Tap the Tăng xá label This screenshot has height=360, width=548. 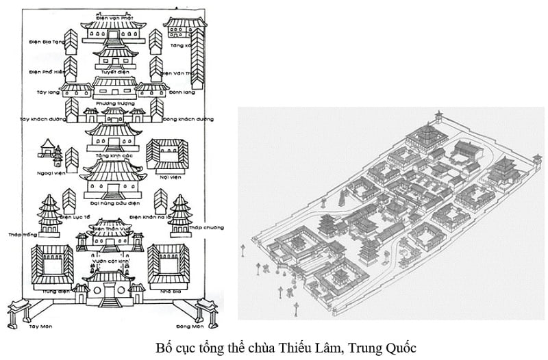click(182, 45)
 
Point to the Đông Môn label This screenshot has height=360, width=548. click(186, 326)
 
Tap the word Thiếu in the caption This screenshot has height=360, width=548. click(302, 347)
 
